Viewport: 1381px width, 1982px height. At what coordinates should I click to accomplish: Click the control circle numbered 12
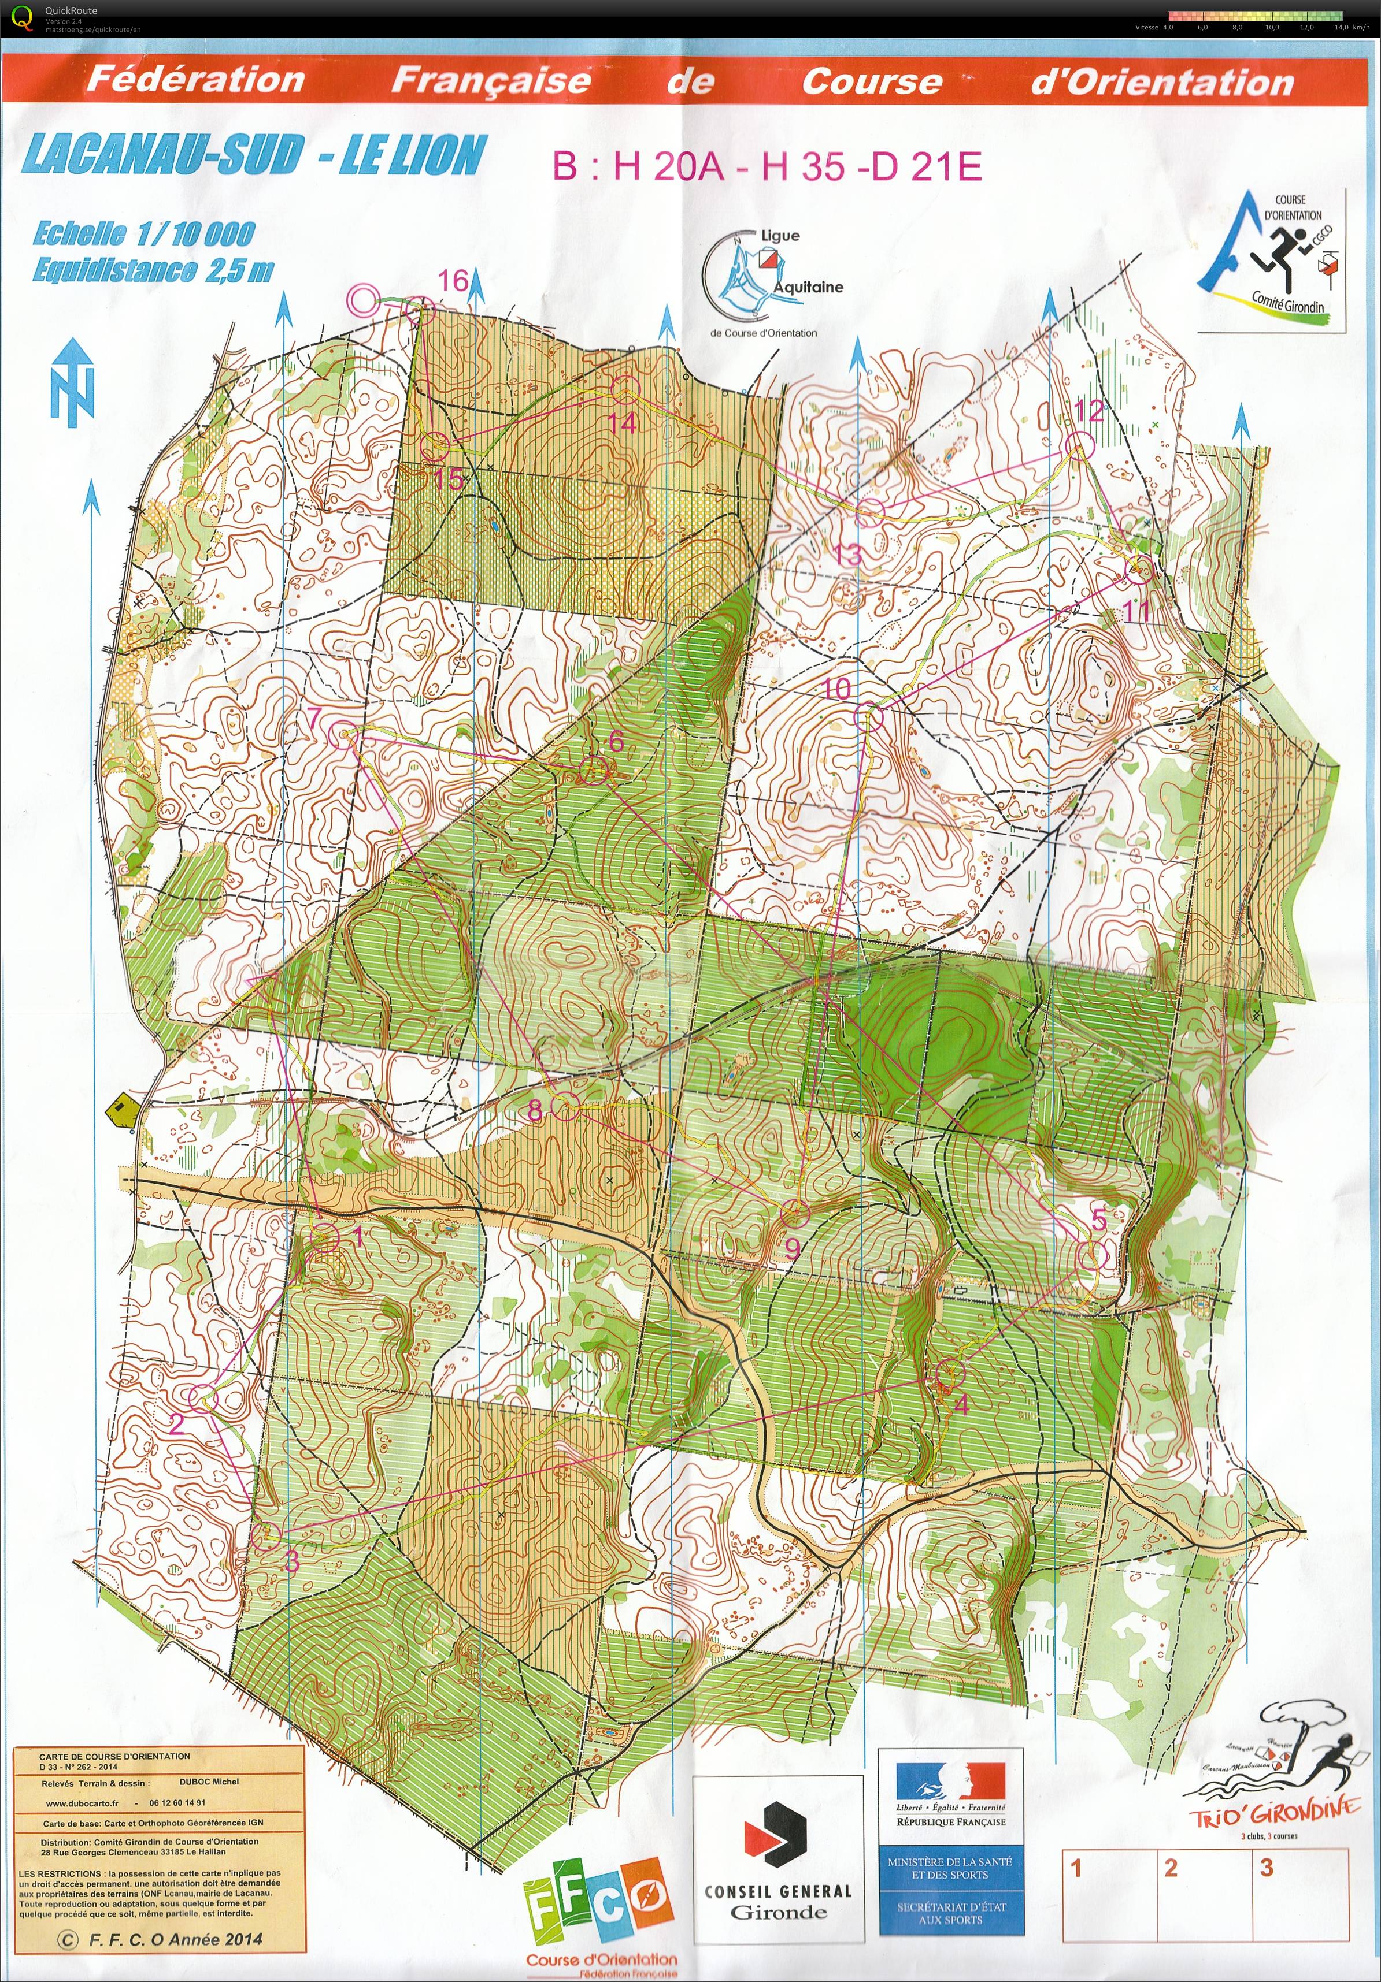pos(1078,447)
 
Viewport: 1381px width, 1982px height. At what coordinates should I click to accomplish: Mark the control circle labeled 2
pos(201,1397)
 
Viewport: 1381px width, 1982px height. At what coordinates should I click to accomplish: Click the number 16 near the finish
pos(453,281)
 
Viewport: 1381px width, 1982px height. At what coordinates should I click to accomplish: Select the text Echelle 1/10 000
pos(143,233)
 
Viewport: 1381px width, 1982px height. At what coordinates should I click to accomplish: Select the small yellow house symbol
pos(122,1109)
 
